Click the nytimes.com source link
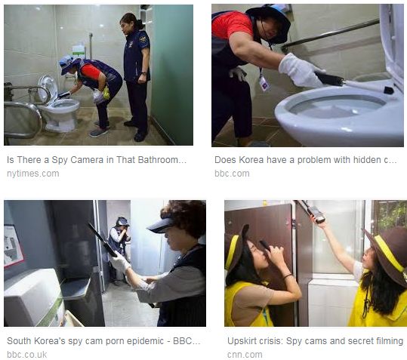click(x=33, y=174)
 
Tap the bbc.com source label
click(x=232, y=174)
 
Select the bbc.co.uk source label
click(x=27, y=355)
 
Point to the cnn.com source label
click(x=245, y=355)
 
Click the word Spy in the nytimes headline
click(x=60, y=160)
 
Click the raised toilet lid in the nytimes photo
click(x=48, y=89)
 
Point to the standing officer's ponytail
click(x=140, y=24)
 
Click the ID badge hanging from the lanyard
click(x=264, y=83)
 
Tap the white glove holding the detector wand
click(x=300, y=70)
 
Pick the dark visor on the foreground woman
click(x=162, y=226)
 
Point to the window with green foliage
click(x=389, y=216)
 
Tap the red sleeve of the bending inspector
click(x=90, y=72)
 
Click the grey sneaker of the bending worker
click(x=98, y=133)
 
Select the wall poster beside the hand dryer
click(x=13, y=246)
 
